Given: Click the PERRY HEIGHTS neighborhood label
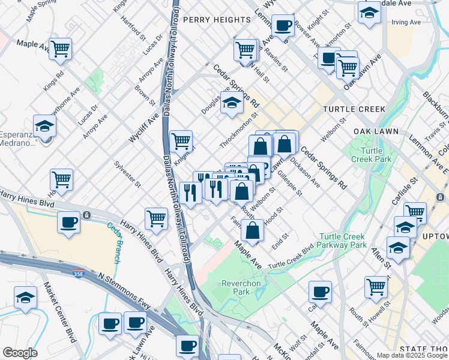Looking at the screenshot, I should (217, 20).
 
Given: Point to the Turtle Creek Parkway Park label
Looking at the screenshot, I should (342, 241).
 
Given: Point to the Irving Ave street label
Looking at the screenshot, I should (406, 23).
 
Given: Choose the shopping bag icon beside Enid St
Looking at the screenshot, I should (253, 230).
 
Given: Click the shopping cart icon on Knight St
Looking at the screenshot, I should (181, 142).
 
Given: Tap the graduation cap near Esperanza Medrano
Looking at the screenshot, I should (44, 127).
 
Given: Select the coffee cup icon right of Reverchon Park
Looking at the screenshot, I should (321, 292).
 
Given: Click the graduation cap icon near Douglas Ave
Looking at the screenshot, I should (232, 103).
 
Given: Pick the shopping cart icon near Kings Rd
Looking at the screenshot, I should (60, 49).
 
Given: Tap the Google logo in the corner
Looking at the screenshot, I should (20, 353).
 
